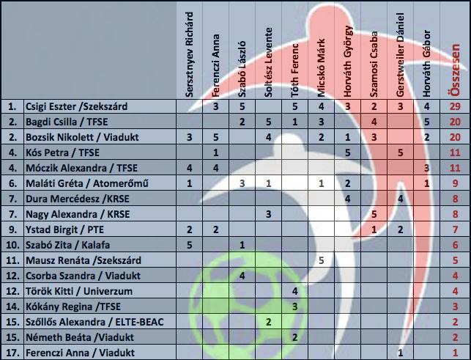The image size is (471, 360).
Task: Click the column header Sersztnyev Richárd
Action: click(189, 54)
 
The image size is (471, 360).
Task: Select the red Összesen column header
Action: click(456, 70)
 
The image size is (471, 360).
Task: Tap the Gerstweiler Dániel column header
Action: click(400, 55)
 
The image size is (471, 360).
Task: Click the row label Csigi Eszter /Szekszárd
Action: click(77, 106)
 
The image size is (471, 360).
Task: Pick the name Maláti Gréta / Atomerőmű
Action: click(87, 183)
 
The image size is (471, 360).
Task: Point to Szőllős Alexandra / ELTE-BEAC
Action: click(94, 322)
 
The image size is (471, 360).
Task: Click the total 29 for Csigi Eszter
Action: click(455, 106)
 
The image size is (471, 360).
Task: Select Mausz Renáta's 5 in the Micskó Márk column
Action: click(321, 260)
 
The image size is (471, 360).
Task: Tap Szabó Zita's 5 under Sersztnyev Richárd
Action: click(189, 245)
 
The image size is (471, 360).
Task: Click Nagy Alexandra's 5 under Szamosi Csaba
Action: click(374, 214)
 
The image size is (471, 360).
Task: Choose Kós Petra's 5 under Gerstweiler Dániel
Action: click(400, 153)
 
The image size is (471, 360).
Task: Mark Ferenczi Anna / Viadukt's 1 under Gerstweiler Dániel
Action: click(400, 353)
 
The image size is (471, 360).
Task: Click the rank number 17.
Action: click(12, 353)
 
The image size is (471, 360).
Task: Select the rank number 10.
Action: click(12, 245)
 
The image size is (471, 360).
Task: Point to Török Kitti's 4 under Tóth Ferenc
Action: click(294, 291)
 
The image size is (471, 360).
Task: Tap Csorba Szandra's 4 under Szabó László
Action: click(242, 276)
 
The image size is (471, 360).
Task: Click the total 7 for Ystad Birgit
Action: click(456, 229)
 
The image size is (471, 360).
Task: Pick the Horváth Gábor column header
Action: click(426, 64)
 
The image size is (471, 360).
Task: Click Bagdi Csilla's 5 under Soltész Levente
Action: click(269, 122)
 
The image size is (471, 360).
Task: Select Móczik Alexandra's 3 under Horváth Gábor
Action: click(426, 168)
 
